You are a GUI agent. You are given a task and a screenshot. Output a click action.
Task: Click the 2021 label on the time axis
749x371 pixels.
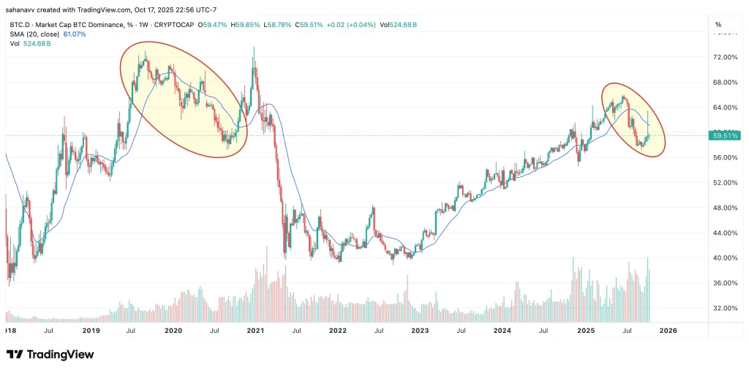click(255, 330)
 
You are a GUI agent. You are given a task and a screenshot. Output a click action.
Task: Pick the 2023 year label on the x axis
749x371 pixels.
click(420, 330)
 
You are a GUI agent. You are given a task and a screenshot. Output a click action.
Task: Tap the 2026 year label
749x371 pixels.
click(668, 330)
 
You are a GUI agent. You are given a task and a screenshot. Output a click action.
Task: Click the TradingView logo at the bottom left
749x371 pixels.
click(50, 355)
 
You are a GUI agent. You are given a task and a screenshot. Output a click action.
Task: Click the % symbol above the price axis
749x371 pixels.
click(718, 25)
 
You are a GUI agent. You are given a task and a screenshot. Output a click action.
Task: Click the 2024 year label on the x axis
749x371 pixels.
click(503, 330)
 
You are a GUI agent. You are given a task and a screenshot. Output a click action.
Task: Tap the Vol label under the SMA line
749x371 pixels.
click(14, 43)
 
